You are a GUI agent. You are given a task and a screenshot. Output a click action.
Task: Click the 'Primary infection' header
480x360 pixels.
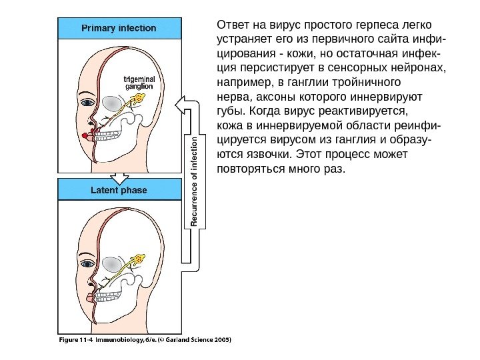click(x=119, y=29)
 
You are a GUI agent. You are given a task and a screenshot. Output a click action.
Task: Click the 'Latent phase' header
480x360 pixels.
click(x=119, y=190)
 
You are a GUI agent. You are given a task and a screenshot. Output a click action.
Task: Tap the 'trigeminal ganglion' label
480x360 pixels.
click(x=139, y=83)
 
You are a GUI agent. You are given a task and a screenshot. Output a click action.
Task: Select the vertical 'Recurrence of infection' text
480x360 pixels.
click(x=195, y=181)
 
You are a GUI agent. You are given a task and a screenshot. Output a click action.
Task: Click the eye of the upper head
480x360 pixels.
click(x=87, y=103)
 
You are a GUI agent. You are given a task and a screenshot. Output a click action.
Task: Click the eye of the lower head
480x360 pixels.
click(x=87, y=264)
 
